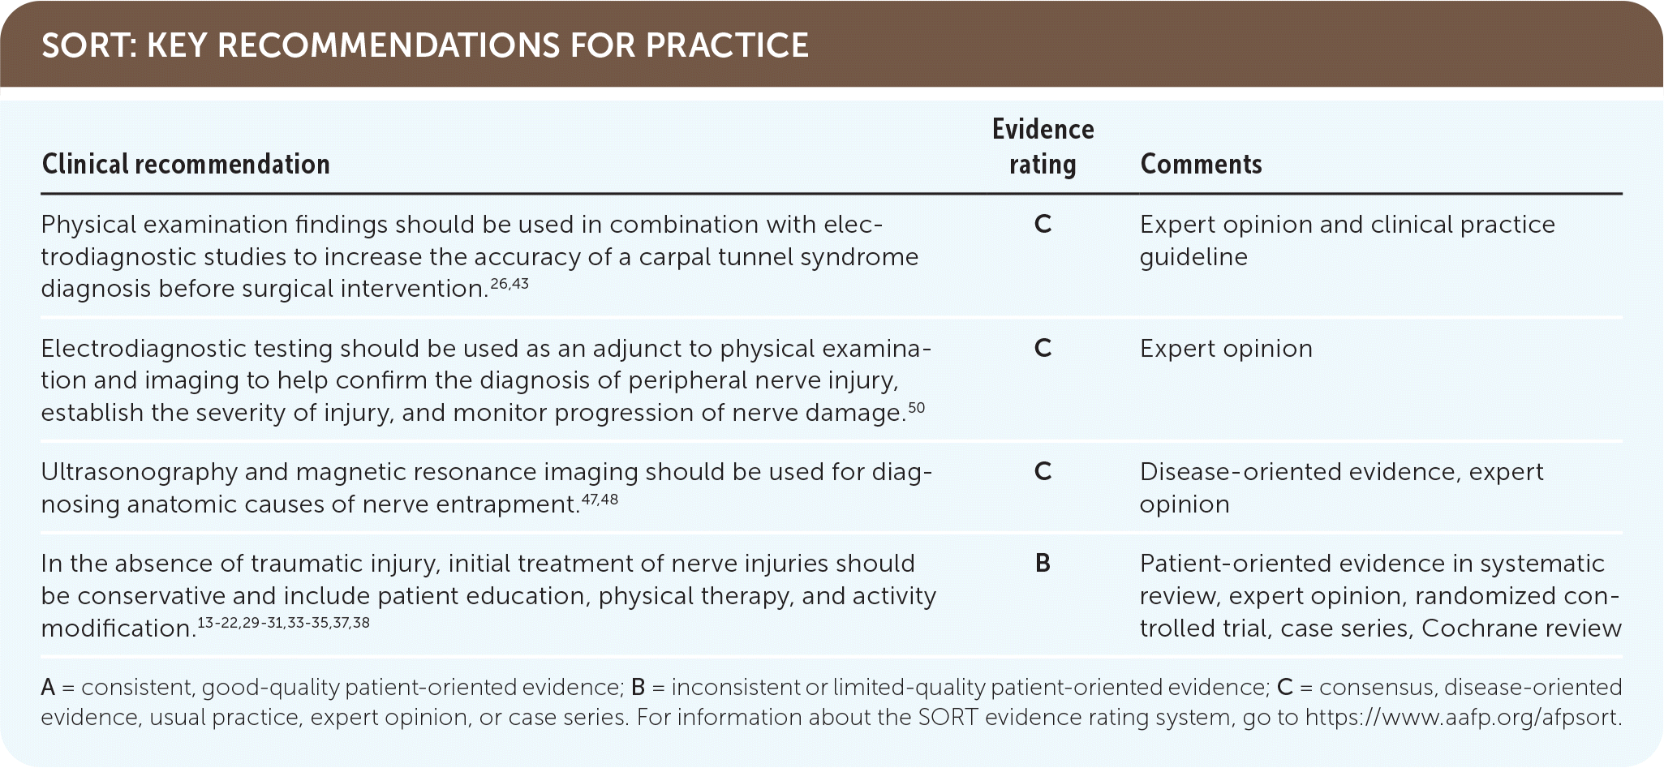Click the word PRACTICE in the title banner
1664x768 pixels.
point(728,45)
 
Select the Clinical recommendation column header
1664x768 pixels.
point(186,165)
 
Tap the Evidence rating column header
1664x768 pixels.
point(1043,147)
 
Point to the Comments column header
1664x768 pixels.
point(1201,165)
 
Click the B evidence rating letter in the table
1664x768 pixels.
point(1043,564)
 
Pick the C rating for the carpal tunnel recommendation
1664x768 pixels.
point(1043,225)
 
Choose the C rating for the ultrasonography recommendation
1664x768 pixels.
point(1043,472)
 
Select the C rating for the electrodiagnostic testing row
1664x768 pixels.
point(1043,349)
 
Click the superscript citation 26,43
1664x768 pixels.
point(510,284)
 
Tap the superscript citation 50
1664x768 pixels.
point(916,407)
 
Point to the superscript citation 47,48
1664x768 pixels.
point(600,499)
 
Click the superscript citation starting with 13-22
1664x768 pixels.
point(283,623)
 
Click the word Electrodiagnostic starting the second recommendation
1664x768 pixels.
point(144,349)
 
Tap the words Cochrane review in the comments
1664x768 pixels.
point(1522,629)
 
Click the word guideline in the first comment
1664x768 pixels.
point(1193,258)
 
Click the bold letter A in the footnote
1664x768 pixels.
point(48,688)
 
